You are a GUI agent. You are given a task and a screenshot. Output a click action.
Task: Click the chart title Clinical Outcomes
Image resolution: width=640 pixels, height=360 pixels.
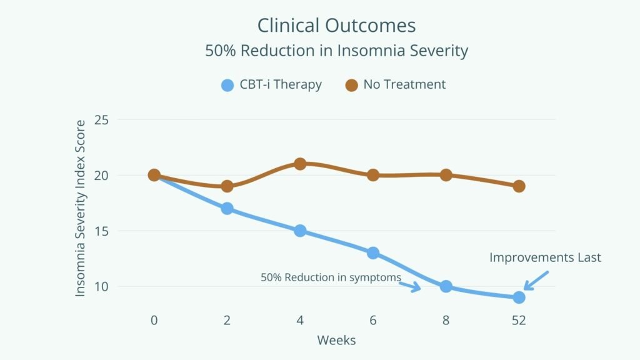click(336, 26)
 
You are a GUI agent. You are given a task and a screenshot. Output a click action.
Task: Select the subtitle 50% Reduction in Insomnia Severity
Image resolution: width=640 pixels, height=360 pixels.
click(336, 51)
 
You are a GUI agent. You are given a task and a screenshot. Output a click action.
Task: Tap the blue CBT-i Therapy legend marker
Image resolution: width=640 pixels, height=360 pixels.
click(227, 85)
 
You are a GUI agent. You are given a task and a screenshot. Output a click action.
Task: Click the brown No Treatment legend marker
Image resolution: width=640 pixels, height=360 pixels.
click(352, 85)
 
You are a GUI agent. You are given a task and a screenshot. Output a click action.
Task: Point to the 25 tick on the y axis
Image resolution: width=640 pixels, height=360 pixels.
click(101, 119)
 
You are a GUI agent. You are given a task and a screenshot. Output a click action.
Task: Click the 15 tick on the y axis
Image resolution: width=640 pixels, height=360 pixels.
click(101, 231)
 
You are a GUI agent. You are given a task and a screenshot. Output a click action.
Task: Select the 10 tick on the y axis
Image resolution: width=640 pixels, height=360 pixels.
click(101, 287)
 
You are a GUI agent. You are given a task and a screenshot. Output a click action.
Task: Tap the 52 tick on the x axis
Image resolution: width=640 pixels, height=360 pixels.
click(519, 320)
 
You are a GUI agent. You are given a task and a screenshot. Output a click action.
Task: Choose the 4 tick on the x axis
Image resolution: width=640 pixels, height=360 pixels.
click(300, 320)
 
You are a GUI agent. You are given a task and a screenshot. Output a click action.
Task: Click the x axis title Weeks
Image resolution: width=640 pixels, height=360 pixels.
click(336, 341)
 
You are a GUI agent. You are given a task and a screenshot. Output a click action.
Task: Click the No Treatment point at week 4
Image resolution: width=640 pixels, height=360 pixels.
click(300, 164)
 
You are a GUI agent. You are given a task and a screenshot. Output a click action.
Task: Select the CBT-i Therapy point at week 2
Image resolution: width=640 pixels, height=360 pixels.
click(227, 208)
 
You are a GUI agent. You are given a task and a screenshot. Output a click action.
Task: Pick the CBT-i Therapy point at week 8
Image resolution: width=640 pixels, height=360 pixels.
click(446, 286)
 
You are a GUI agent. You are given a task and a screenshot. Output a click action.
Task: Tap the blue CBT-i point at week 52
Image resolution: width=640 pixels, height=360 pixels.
click(519, 297)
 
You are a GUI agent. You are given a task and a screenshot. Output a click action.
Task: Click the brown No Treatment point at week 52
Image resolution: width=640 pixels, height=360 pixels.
click(519, 186)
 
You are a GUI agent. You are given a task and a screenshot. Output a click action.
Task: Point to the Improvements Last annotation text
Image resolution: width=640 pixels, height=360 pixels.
click(545, 257)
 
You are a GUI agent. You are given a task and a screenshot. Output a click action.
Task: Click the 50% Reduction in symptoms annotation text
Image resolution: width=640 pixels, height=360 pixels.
click(331, 277)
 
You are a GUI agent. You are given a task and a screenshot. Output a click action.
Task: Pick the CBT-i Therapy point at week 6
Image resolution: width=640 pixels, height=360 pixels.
click(373, 253)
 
